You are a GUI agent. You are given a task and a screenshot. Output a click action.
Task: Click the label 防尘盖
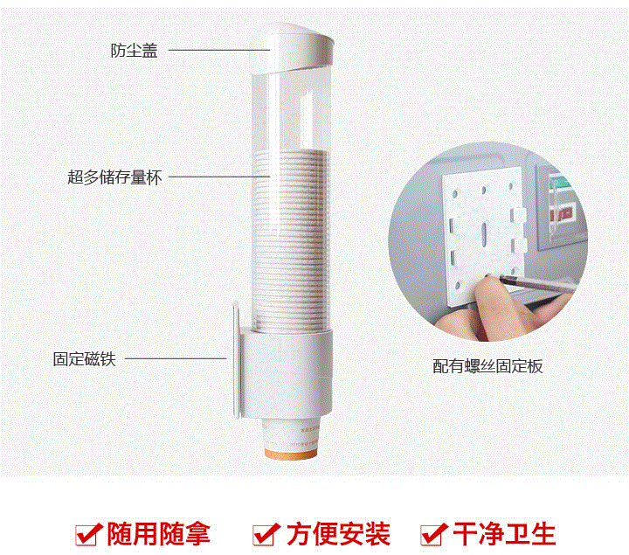(134, 51)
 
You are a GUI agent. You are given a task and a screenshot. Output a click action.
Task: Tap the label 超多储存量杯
(114, 177)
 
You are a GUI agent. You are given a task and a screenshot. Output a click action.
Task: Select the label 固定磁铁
(84, 358)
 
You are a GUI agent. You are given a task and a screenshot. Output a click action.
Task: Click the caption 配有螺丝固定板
(487, 366)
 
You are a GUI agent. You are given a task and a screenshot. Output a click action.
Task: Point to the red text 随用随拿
(159, 534)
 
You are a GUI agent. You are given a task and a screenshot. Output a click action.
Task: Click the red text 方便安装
(338, 534)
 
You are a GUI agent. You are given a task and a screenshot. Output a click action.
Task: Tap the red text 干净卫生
(504, 534)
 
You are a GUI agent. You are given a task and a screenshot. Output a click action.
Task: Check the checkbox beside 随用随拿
(87, 535)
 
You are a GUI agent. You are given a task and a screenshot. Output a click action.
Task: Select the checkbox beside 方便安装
(266, 535)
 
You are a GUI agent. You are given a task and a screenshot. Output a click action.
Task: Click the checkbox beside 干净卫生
(433, 535)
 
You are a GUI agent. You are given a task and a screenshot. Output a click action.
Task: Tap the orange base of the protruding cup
(290, 454)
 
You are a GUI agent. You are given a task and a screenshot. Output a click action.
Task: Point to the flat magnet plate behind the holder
(236, 360)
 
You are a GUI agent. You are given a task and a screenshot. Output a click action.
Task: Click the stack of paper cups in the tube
(290, 240)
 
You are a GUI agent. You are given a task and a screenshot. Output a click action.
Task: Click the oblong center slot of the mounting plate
(484, 233)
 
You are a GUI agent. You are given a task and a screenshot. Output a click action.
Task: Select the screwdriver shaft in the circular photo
(534, 283)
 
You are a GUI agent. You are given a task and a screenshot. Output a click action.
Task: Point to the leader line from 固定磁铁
(176, 358)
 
